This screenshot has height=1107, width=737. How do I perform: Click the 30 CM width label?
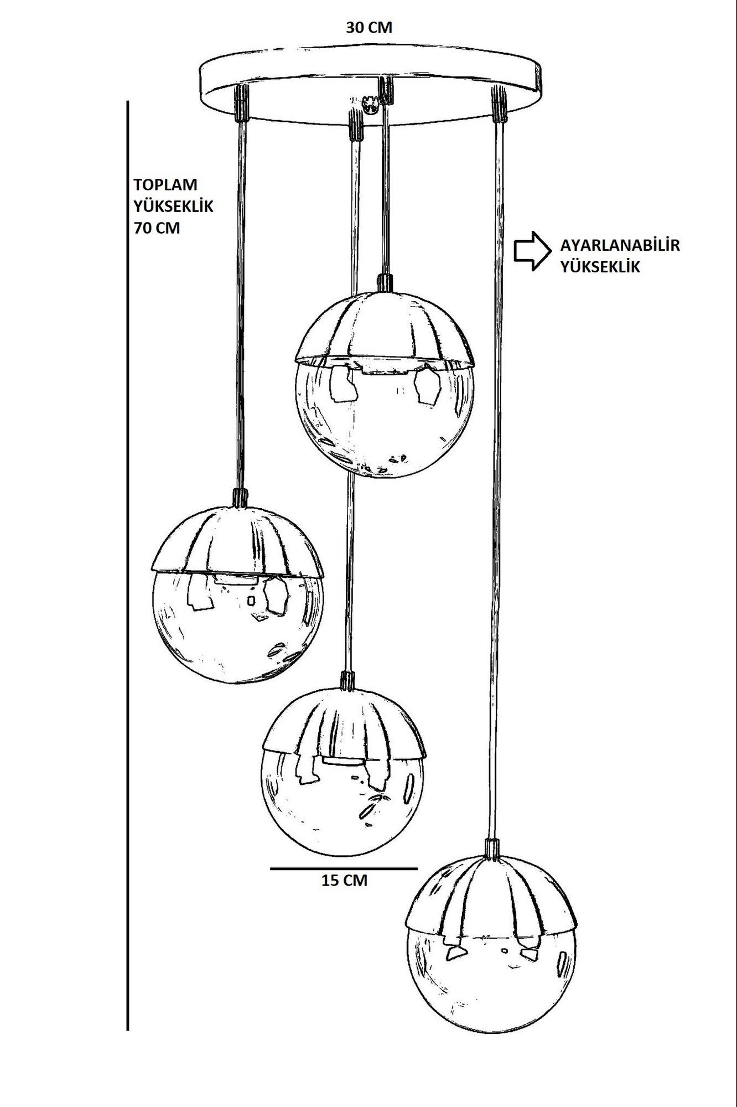pos(369,28)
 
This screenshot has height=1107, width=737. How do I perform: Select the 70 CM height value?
pos(157,228)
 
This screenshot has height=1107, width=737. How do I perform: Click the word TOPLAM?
pos(165,184)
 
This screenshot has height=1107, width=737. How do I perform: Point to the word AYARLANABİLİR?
pos(620,245)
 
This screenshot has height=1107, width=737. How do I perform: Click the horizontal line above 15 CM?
pos(344,869)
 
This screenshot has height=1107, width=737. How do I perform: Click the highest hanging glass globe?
pos(385,383)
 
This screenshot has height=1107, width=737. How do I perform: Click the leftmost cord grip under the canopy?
pos(241,103)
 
